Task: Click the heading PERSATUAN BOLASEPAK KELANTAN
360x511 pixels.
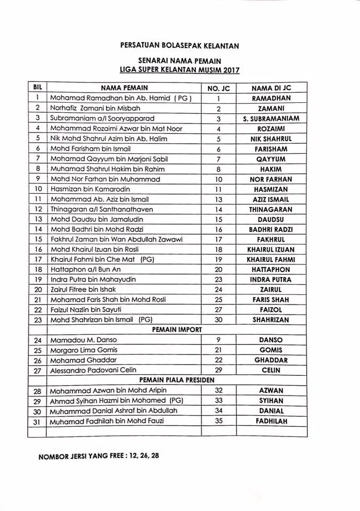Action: [x=179, y=46]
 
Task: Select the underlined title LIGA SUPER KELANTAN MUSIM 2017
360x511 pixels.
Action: [x=179, y=70]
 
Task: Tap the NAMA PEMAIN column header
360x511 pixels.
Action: [x=124, y=88]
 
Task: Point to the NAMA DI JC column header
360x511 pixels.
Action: [x=271, y=88]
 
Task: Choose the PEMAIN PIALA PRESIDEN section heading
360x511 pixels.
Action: [x=177, y=380]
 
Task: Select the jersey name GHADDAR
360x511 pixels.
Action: [x=271, y=360]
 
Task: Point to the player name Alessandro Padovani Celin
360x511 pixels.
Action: [x=93, y=370]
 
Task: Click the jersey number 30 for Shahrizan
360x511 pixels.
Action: [x=218, y=320]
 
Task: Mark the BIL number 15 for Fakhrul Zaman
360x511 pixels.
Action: [x=38, y=239]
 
